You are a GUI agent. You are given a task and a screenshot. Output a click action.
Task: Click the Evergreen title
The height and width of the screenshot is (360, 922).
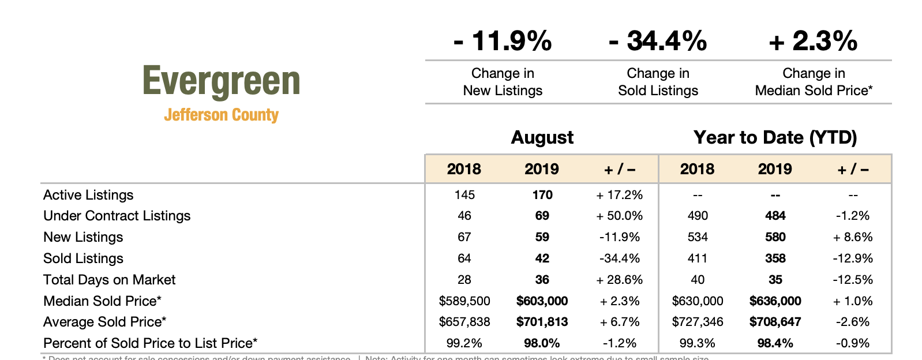[221, 81]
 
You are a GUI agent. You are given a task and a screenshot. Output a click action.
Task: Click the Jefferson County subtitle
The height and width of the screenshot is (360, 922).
[221, 115]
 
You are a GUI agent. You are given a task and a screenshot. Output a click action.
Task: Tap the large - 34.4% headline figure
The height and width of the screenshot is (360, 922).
[658, 41]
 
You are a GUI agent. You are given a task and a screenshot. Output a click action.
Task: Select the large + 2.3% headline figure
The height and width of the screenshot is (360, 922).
[813, 41]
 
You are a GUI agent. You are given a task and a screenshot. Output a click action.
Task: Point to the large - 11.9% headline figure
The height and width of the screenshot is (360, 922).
[503, 41]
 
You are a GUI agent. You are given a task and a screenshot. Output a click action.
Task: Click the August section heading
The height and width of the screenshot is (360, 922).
[542, 137]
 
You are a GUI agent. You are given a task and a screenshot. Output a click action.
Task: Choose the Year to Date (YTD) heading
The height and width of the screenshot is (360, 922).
[775, 137]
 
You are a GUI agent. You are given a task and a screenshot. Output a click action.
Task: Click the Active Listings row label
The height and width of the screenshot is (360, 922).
[88, 195]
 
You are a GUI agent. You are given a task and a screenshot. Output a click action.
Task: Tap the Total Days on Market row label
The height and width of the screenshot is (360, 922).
[109, 280]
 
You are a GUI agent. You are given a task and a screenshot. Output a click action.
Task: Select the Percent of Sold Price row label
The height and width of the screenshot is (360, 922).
[150, 343]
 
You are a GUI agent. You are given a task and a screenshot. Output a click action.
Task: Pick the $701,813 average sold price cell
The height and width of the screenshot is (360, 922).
[542, 322]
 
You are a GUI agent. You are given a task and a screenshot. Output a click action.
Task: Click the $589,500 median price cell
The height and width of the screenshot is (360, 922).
[464, 301]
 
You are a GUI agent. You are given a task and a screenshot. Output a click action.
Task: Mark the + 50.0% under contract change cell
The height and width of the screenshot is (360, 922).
[620, 216]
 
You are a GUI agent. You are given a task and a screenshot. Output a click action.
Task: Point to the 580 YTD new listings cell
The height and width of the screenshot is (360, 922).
[775, 237]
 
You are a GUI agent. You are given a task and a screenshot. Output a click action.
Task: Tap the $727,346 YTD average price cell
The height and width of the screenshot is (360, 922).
[698, 322]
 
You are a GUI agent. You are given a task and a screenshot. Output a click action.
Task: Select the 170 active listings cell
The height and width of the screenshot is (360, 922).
[542, 195]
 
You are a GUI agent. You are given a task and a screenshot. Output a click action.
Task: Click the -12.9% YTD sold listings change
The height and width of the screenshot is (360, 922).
[853, 258]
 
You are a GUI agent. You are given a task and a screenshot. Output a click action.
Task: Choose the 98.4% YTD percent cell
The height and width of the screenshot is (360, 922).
[775, 343]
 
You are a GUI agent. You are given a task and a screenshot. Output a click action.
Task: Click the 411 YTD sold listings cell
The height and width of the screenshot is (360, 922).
[698, 258]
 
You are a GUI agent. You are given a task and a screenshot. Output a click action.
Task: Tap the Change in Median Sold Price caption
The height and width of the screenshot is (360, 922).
[814, 82]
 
